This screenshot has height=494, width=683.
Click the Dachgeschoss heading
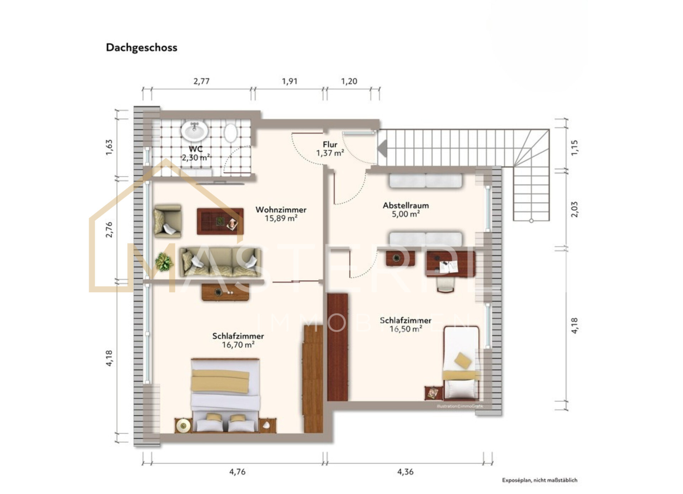click(x=142, y=48)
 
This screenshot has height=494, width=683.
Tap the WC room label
click(x=196, y=149)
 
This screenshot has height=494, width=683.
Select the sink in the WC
click(x=194, y=131)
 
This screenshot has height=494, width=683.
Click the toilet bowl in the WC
click(x=231, y=133)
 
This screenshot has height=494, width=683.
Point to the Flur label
click(x=330, y=144)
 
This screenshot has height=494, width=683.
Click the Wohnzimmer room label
click(x=281, y=209)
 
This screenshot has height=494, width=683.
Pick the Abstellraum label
click(x=406, y=206)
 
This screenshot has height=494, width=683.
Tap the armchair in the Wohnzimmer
click(x=168, y=221)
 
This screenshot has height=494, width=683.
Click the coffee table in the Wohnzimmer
click(x=220, y=221)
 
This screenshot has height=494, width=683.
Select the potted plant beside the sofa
click(x=164, y=262)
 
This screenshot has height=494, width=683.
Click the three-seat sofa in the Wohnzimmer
click(x=220, y=262)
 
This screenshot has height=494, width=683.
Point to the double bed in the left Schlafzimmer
click(x=225, y=395)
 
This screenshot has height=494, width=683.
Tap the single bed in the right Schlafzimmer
click(x=461, y=363)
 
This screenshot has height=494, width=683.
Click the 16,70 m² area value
click(x=238, y=345)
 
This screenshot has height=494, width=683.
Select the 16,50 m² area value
click(x=406, y=329)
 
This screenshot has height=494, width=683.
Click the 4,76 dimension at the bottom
click(x=237, y=472)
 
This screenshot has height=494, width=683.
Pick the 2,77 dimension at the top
click(x=201, y=81)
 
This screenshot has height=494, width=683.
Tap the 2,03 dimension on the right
click(x=575, y=209)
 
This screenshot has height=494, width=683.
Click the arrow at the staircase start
click(x=382, y=148)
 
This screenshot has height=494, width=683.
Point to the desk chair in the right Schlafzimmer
click(x=446, y=284)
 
